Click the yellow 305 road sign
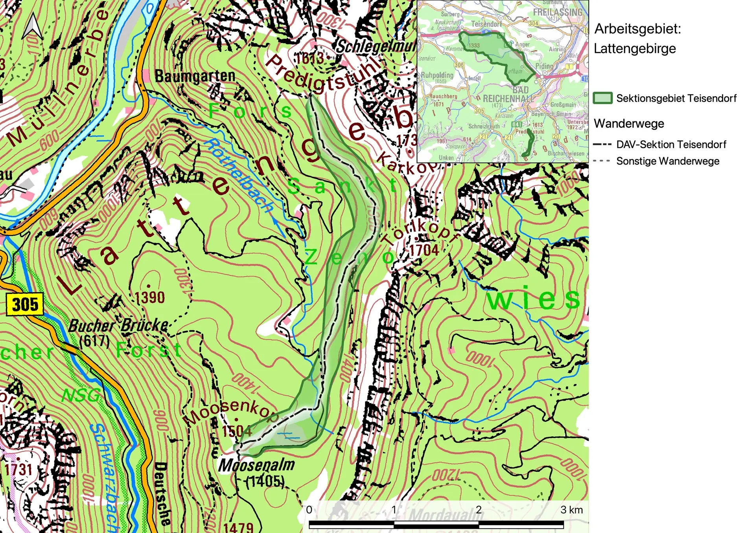click(x=25, y=304)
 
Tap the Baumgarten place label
click(x=195, y=76)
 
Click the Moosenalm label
click(x=256, y=465)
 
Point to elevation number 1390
click(x=150, y=297)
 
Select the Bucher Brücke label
click(x=118, y=326)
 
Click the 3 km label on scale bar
click(x=571, y=510)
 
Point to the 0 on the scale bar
click(x=309, y=510)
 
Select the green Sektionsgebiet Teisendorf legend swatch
click(x=602, y=98)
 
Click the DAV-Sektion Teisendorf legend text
click(x=671, y=145)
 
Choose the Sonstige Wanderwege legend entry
click(x=667, y=161)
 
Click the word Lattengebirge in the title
click(x=635, y=49)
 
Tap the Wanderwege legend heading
click(x=629, y=124)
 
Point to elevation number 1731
click(x=18, y=469)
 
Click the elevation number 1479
click(x=238, y=527)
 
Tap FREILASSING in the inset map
click(x=557, y=13)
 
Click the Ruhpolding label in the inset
click(x=437, y=75)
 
